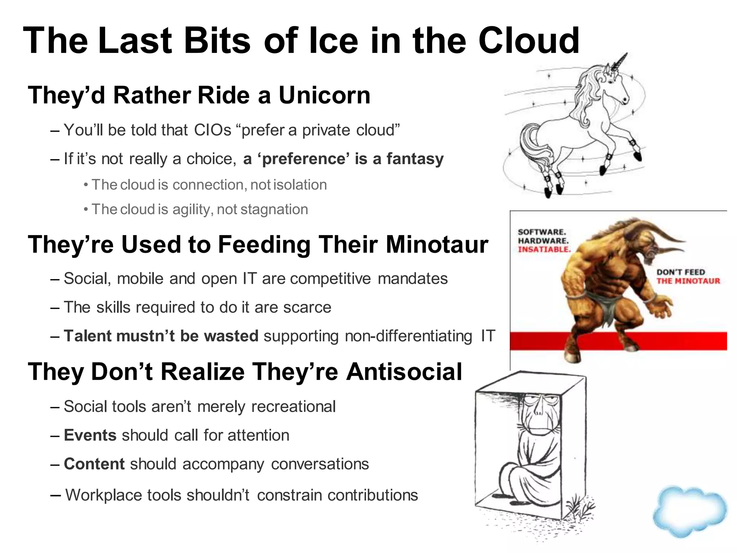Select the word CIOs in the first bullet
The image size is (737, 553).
(212, 130)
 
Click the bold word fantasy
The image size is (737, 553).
(415, 159)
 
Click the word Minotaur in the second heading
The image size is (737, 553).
(437, 244)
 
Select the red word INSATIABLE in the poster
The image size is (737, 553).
(544, 249)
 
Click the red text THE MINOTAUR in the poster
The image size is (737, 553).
(688, 281)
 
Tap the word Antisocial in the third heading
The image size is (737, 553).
(404, 372)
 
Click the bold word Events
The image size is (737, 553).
(90, 435)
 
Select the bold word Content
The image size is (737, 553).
(94, 464)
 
